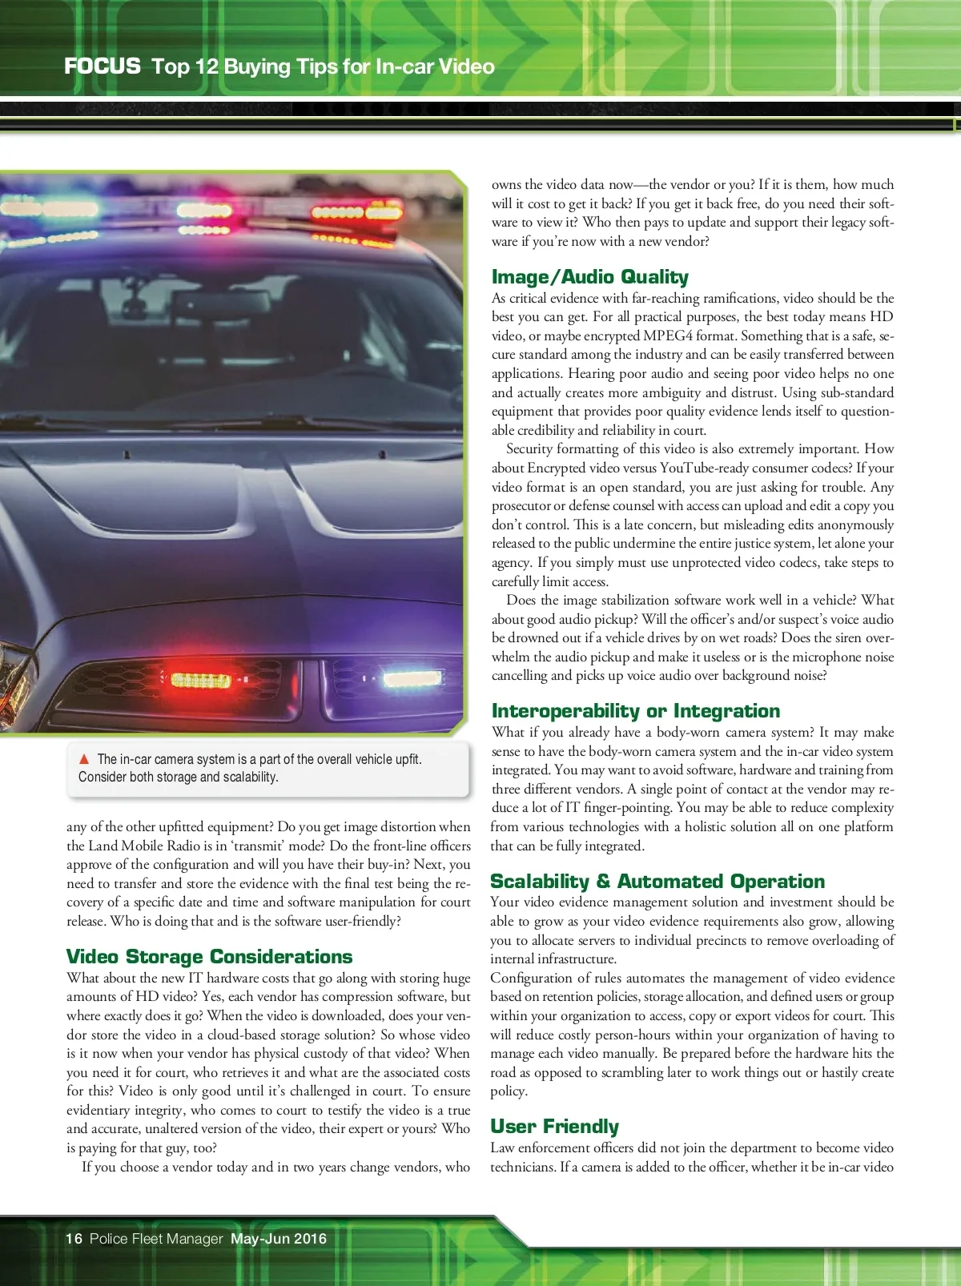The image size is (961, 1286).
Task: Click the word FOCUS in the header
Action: pos(103,66)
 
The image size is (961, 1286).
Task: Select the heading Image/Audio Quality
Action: pos(589,277)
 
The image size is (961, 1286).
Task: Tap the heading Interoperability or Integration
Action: pos(635,711)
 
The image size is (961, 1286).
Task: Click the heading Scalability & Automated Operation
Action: pos(657,882)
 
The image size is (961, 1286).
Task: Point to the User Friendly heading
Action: pos(554,1127)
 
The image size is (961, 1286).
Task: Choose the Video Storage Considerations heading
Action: pos(209,957)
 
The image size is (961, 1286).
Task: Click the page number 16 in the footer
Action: pos(74,1239)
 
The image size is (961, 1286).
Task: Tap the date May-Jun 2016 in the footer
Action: pos(279,1239)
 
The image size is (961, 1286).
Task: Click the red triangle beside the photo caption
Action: pos(84,759)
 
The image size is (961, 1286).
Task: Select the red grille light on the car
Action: pos(200,681)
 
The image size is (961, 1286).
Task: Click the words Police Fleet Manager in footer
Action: pos(156,1239)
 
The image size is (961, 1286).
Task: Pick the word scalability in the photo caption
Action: pos(244,777)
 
